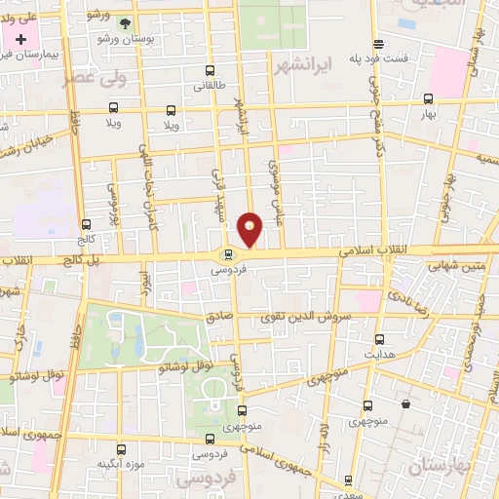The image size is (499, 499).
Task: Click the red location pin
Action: [250, 230]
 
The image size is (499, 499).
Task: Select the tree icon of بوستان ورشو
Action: [124, 22]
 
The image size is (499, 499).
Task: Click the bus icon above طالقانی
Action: [211, 71]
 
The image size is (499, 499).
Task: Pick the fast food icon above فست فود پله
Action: [378, 44]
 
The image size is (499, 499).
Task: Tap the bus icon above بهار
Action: [428, 98]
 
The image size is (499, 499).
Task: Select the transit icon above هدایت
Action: [380, 339]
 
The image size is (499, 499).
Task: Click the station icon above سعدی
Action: [349, 480]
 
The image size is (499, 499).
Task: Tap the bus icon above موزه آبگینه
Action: [122, 449]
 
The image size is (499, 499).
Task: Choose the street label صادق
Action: [216, 317]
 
